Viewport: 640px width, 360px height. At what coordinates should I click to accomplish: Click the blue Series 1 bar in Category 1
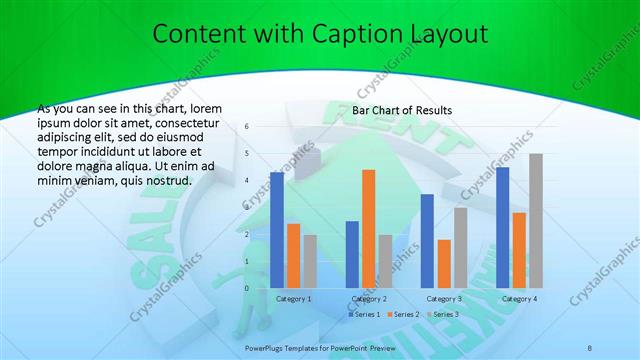point(277,230)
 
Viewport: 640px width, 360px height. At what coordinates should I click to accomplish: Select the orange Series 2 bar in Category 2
point(368,229)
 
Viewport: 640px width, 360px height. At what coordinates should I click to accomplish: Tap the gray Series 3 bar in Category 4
point(536,221)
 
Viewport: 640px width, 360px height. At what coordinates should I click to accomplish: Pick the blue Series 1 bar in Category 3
point(427,241)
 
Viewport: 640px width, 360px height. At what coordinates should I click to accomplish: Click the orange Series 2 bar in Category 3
point(444,264)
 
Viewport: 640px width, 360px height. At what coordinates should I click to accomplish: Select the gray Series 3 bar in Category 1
point(310,261)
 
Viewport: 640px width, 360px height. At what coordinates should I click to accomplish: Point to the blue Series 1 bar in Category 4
point(502,227)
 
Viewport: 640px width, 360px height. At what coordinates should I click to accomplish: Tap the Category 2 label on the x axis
point(368,298)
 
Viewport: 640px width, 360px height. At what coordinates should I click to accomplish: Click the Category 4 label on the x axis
point(519,298)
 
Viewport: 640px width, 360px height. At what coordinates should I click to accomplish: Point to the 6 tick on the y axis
point(246,127)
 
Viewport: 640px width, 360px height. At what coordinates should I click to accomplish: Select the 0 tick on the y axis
point(246,288)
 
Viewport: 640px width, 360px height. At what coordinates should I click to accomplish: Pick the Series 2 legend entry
point(405,314)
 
